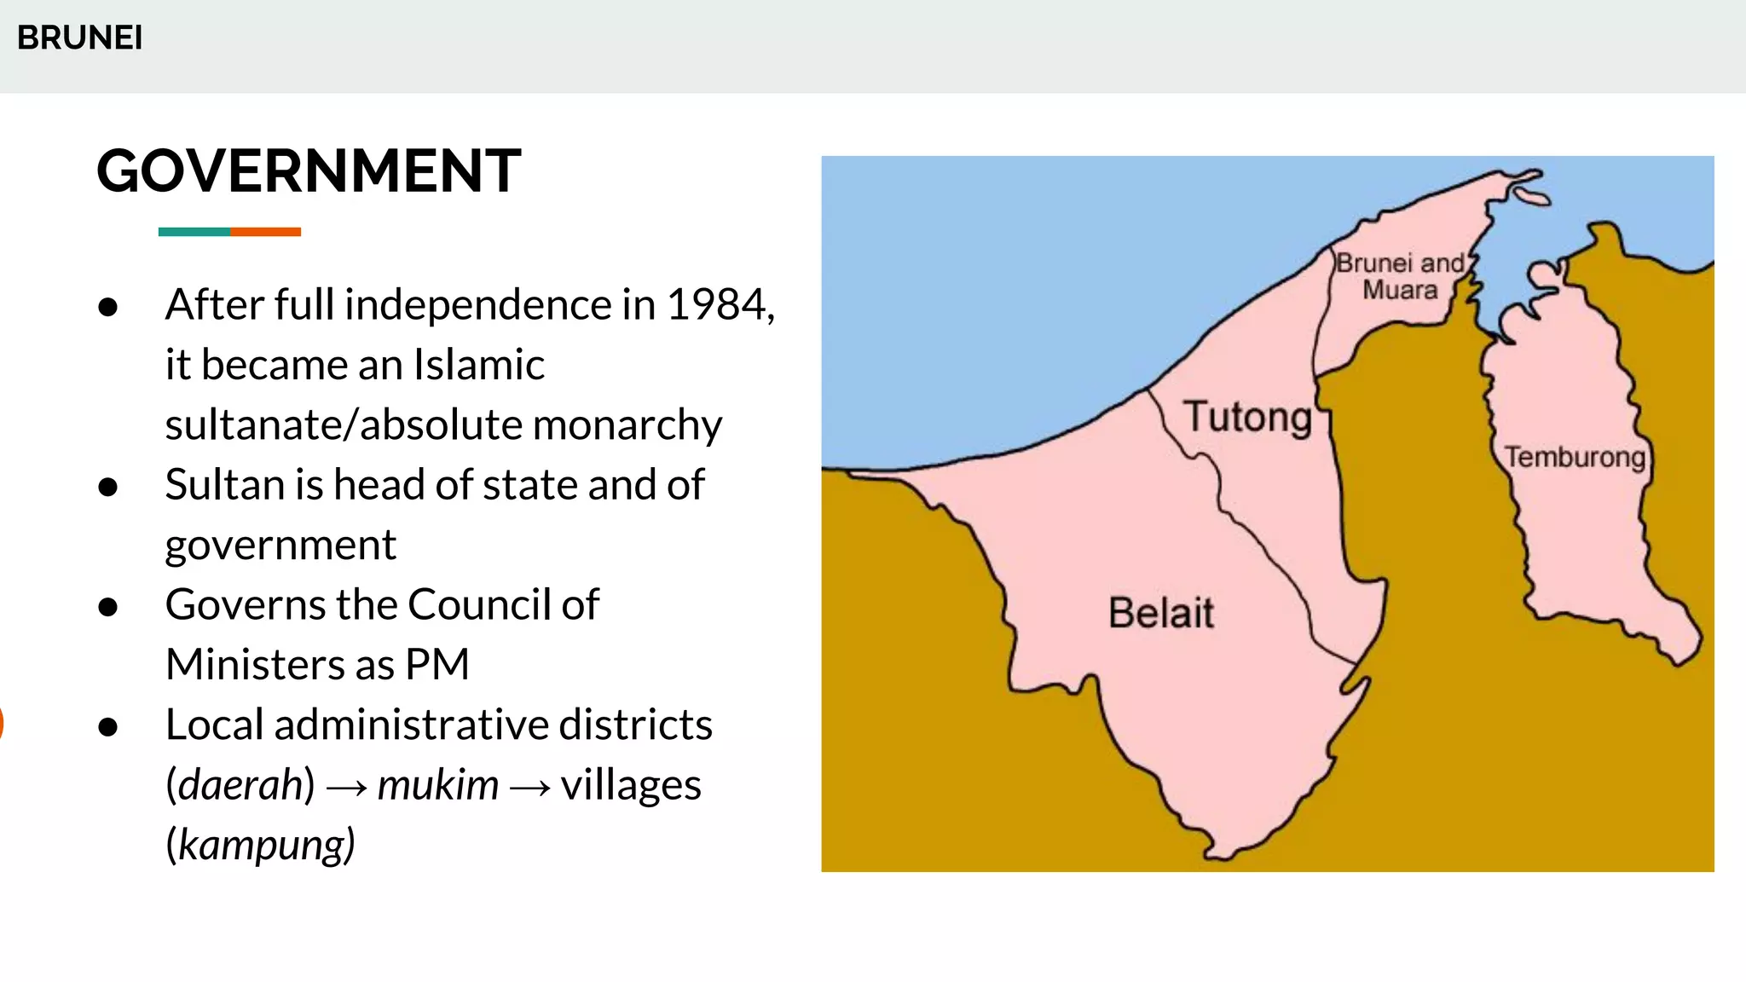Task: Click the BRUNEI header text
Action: (79, 38)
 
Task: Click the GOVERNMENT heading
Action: (309, 171)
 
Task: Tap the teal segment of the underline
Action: (194, 232)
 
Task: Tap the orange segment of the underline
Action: (265, 232)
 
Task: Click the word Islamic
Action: (478, 365)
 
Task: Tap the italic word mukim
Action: (437, 785)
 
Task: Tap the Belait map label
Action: (1160, 613)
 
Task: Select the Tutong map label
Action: (1247, 418)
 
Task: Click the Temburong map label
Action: (1574, 457)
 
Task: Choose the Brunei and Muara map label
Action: (1400, 276)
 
